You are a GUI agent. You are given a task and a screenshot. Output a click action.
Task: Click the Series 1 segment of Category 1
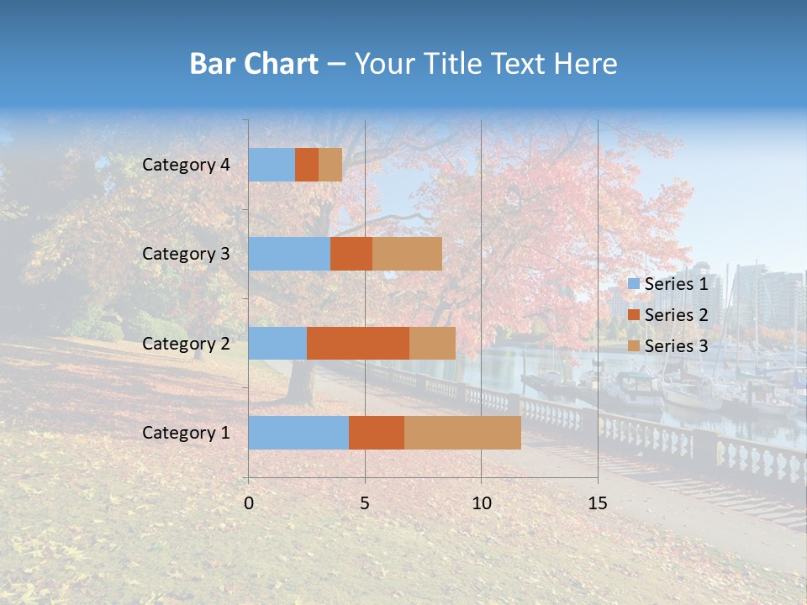(298, 433)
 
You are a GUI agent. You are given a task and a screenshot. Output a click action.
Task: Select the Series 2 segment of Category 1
(377, 433)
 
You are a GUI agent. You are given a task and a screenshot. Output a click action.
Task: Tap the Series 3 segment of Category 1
(462, 433)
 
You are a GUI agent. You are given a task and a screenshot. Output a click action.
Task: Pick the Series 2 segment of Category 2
(358, 343)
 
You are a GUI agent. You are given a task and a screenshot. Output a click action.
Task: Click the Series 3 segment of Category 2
(432, 343)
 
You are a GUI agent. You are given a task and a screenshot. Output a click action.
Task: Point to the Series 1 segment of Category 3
(289, 254)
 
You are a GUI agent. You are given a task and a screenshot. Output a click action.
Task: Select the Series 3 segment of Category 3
(407, 254)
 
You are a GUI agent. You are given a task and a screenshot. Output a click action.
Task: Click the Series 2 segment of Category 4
(307, 165)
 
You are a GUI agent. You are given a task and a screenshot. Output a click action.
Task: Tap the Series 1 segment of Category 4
(272, 165)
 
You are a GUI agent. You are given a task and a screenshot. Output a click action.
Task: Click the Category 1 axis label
(186, 433)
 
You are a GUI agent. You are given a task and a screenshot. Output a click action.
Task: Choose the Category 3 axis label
(186, 254)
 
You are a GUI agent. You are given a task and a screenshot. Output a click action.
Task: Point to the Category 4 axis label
(186, 165)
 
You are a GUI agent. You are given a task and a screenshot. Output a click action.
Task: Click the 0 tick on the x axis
(249, 503)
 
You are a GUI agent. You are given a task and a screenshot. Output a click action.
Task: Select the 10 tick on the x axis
(481, 503)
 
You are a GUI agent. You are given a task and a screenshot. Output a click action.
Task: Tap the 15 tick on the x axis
(598, 503)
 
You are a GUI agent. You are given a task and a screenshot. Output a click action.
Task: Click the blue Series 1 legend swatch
(633, 284)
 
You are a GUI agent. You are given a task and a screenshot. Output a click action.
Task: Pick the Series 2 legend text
(676, 315)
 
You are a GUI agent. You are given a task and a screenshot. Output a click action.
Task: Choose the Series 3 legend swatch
(633, 346)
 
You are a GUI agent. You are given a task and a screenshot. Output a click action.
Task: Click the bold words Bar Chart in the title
(254, 64)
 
